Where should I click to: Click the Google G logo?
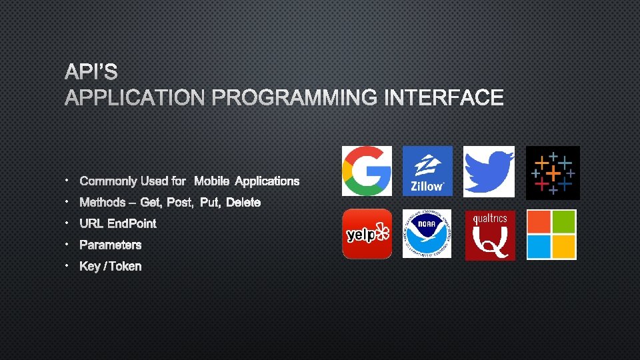[x=367, y=171]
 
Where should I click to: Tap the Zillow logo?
[x=427, y=171]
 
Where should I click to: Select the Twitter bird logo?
[x=489, y=171]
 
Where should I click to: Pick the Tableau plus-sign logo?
[x=553, y=173]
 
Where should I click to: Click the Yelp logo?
[x=367, y=234]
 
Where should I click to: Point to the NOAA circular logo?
[x=427, y=234]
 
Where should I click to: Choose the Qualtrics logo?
[x=490, y=235]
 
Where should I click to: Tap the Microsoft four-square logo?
[x=551, y=235]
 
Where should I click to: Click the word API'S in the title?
[x=91, y=71]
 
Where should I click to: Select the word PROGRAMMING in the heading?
[x=294, y=98]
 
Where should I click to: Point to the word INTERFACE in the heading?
[x=443, y=98]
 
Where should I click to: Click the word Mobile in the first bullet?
[x=212, y=181]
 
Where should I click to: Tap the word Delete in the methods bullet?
[x=243, y=202]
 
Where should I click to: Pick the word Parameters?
[x=111, y=245]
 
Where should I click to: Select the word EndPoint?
[x=132, y=223]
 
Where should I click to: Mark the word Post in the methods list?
[x=179, y=202]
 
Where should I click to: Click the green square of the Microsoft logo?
[x=564, y=222]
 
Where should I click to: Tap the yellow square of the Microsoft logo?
[x=564, y=247]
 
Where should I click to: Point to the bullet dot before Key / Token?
[x=68, y=265]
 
